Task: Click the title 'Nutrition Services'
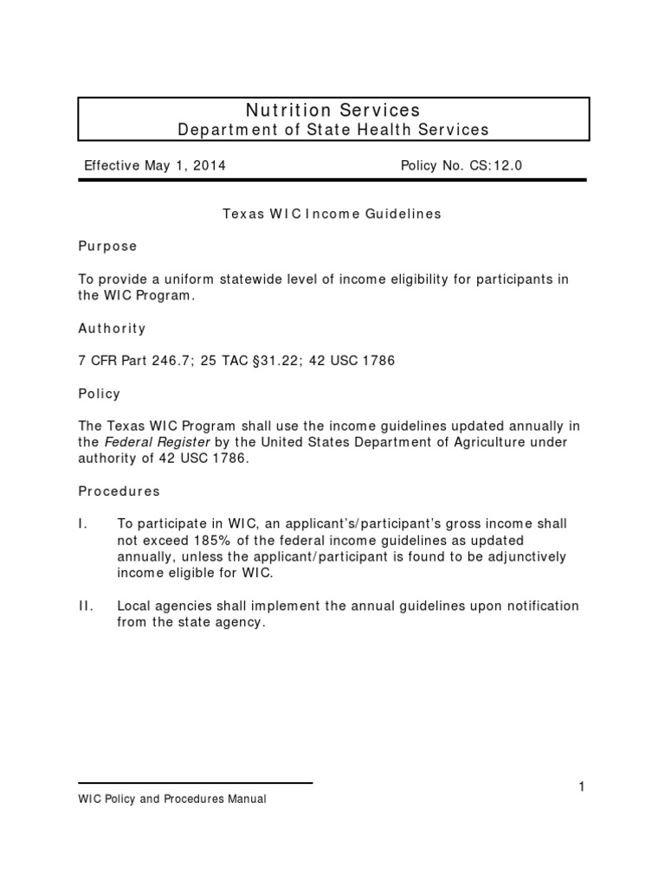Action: (333, 110)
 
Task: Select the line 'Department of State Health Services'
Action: (333, 130)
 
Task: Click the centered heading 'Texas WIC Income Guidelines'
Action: (332, 214)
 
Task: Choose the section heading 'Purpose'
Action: (107, 246)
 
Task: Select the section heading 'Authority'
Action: (112, 329)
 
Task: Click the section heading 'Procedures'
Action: (119, 491)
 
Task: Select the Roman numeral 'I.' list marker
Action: (83, 523)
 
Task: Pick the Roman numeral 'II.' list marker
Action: (86, 605)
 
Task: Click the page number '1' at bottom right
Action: (582, 786)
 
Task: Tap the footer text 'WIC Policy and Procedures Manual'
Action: (172, 799)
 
